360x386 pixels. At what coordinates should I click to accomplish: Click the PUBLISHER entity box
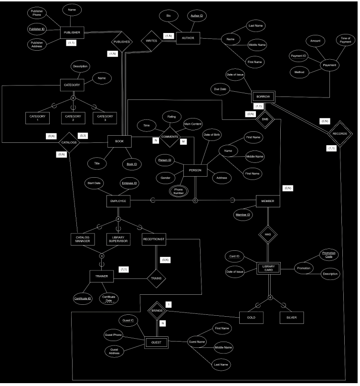pyautogui.click(x=72, y=33)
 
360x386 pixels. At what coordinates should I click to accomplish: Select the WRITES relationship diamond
pyautogui.click(x=151, y=41)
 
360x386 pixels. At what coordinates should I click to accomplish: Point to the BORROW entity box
pyautogui.click(x=263, y=96)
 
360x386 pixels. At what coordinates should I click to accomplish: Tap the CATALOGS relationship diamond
pyautogui.click(x=68, y=142)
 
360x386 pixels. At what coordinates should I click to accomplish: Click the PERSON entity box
pyautogui.click(x=195, y=171)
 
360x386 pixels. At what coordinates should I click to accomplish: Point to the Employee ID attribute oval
pyautogui.click(x=129, y=183)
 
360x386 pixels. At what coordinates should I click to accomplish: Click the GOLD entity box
pyautogui.click(x=252, y=317)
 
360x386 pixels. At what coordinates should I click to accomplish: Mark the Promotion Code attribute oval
pyautogui.click(x=328, y=255)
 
